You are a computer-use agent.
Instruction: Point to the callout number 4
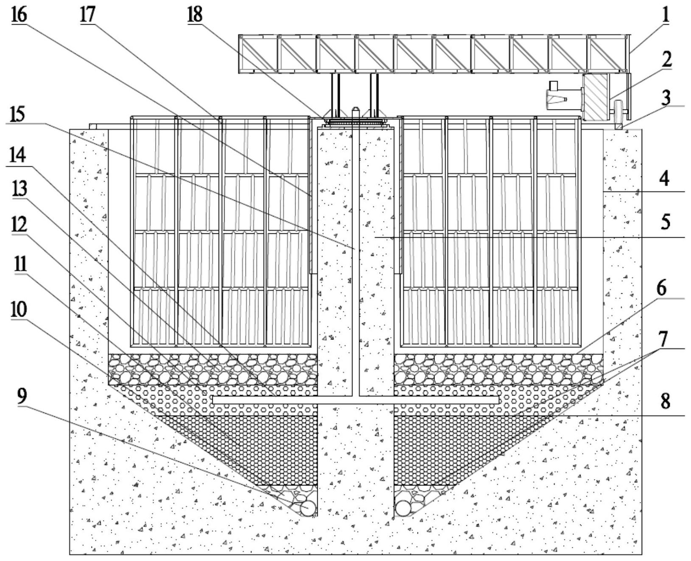point(665,178)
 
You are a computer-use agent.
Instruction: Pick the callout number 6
point(662,288)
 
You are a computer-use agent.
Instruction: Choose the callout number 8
point(665,400)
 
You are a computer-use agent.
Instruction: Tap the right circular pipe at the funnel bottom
point(404,508)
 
